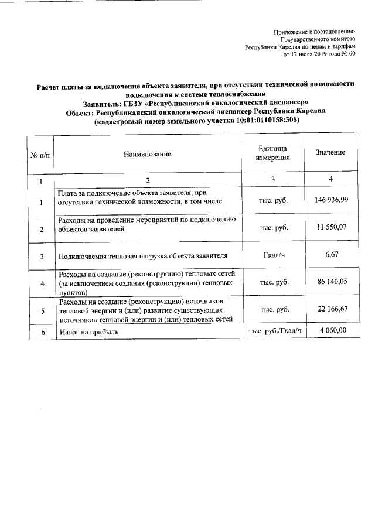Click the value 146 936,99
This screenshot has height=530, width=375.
331,200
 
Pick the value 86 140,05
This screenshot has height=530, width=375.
331,282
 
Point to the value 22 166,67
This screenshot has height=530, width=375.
331,309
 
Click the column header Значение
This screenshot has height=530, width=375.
330,153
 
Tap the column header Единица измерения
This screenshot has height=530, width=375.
272,153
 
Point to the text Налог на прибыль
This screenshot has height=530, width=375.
88,332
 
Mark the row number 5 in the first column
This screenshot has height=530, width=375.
41,310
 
